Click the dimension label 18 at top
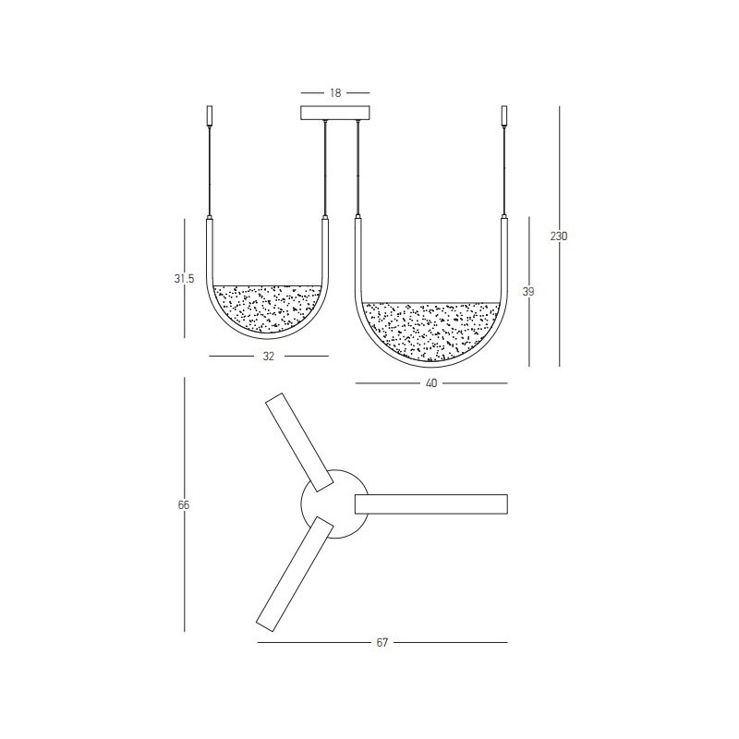point(335,93)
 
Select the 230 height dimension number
point(559,236)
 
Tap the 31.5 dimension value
point(184,279)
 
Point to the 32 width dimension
point(269,356)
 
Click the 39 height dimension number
point(528,292)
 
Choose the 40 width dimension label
point(430,382)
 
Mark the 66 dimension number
point(184,505)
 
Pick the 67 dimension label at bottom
point(382,642)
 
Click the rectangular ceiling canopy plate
point(335,113)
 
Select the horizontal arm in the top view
point(430,503)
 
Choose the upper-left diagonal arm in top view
point(299,442)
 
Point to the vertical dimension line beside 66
point(185,573)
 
